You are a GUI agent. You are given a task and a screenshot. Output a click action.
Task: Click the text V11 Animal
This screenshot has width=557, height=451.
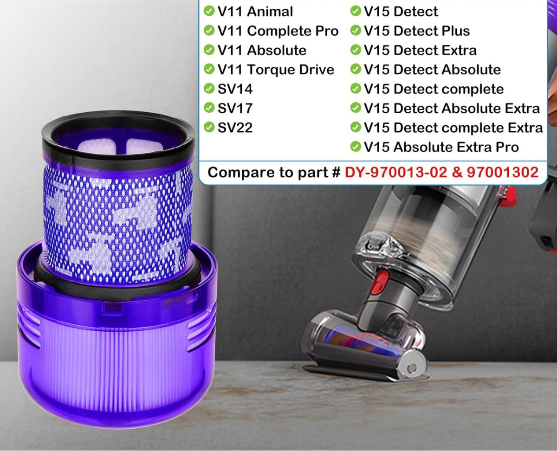click(x=255, y=12)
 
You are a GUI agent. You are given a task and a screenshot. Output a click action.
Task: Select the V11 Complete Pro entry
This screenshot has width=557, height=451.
click(x=278, y=31)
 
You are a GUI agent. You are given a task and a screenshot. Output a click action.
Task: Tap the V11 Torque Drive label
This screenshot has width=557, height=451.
click(x=276, y=70)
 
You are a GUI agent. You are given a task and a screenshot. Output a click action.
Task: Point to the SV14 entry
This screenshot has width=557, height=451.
click(x=235, y=89)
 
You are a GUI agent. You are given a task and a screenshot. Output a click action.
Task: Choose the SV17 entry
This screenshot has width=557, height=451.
click(x=235, y=108)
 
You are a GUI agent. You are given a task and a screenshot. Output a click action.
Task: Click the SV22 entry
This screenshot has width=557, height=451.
click(x=235, y=128)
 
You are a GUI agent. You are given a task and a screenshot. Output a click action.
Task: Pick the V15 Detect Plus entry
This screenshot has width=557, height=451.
click(x=417, y=31)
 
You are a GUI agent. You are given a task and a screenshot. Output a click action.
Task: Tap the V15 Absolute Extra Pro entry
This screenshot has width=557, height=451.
click(x=441, y=147)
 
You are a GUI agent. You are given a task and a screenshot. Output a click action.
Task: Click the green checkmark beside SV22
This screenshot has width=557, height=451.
click(x=209, y=127)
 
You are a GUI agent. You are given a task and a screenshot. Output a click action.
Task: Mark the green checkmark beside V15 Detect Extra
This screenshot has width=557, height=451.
click(x=356, y=50)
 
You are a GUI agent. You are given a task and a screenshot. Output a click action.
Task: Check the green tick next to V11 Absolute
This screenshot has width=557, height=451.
click(x=209, y=50)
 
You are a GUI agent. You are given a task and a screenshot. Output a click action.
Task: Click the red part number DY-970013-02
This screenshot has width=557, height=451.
click(x=396, y=172)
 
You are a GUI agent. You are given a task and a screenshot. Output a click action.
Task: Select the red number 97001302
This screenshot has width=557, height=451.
click(x=503, y=172)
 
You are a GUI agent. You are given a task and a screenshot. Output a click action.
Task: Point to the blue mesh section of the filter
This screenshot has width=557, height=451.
click(x=118, y=222)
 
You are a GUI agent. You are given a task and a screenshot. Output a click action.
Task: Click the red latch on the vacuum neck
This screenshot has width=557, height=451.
click(x=381, y=283)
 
